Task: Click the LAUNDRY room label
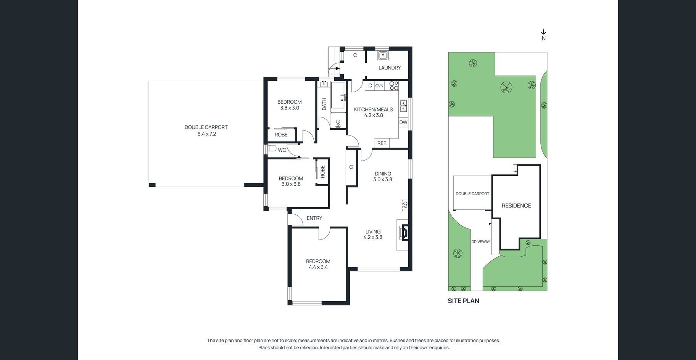389,68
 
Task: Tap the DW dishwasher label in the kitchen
403,122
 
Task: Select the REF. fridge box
382,143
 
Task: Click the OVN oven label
379,86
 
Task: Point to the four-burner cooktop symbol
394,86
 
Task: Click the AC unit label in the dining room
405,205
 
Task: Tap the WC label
282,150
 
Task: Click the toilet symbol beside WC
271,148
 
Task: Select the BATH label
324,104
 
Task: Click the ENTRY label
314,218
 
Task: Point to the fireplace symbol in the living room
404,232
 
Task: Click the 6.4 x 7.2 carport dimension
206,134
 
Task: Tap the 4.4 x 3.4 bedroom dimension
318,267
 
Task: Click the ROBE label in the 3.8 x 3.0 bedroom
281,135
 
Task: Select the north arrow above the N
544,32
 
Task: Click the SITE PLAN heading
463,301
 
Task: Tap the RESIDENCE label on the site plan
516,206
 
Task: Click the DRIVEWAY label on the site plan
480,242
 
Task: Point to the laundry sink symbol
383,56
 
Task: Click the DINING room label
383,174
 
